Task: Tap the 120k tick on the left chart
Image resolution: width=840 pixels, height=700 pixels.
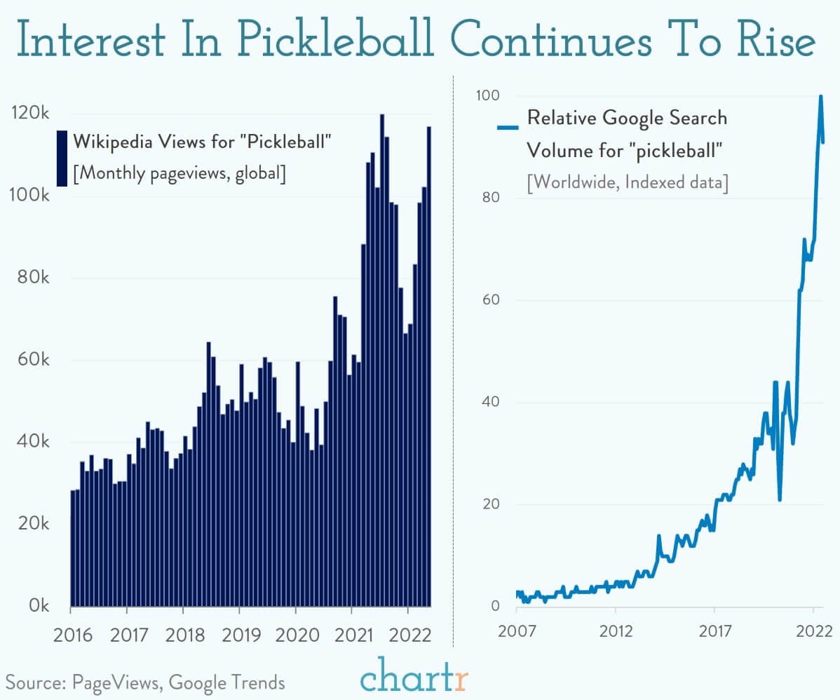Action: [30, 114]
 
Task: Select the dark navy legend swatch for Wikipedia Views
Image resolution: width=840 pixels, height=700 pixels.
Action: [62, 158]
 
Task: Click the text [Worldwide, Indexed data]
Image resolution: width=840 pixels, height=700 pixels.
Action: [628, 182]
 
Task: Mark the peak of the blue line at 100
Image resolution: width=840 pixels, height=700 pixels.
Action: [820, 97]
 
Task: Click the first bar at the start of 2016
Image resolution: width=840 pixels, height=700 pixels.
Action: [73, 547]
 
